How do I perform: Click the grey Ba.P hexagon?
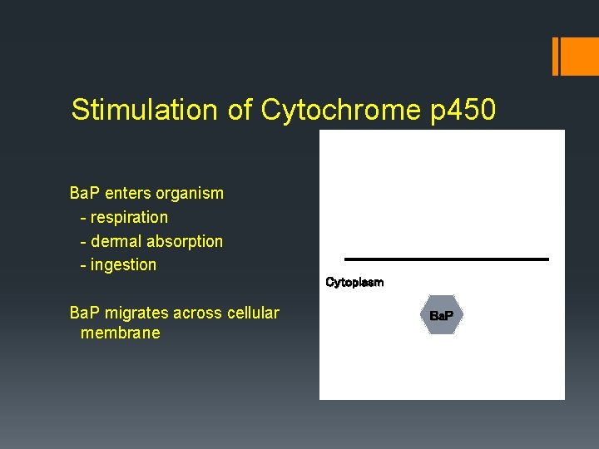coord(441,316)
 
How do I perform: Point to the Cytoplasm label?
coord(354,283)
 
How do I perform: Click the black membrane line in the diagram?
coord(447,259)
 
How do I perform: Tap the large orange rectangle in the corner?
coord(576,57)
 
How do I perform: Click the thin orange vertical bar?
coord(555,57)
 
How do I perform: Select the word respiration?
coord(129,217)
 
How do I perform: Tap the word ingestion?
coord(123,265)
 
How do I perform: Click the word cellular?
coord(253,313)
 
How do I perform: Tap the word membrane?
coord(120,333)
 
